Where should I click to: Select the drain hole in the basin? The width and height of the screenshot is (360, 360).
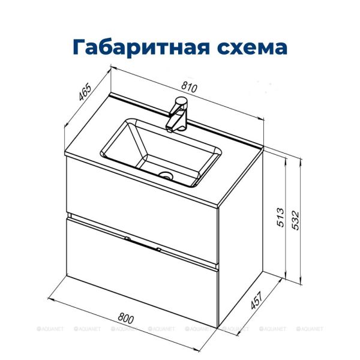[x=166, y=176]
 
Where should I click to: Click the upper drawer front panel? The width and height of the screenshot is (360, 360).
[x=141, y=195]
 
